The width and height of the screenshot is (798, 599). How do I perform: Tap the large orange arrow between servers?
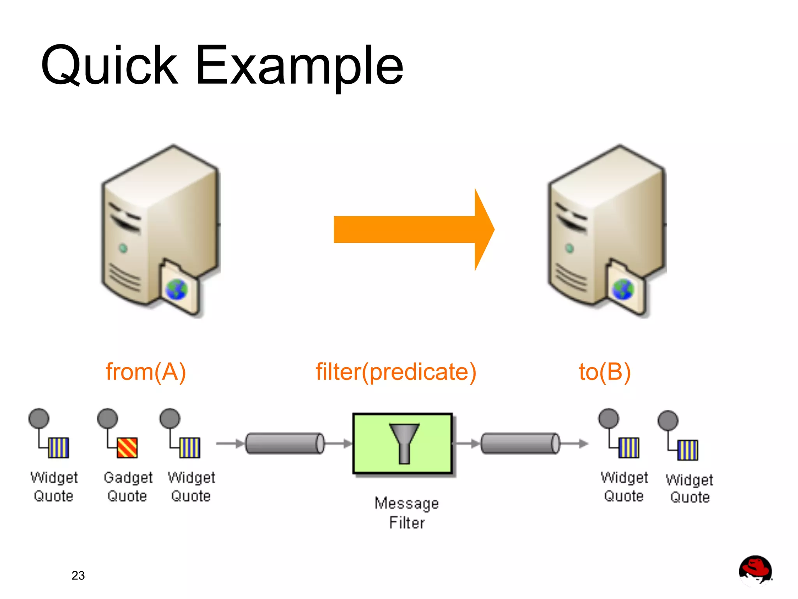(x=413, y=230)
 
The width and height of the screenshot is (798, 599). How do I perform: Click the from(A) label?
(x=146, y=372)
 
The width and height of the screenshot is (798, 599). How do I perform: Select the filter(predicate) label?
(x=396, y=372)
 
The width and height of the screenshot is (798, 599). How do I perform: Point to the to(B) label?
(x=604, y=372)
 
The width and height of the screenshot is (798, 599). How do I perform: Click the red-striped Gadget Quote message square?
(x=127, y=447)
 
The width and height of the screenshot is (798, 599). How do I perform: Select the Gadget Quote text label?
(x=128, y=486)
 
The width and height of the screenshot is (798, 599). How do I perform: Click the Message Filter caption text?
(x=406, y=512)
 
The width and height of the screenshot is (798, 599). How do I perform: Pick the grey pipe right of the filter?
(x=521, y=444)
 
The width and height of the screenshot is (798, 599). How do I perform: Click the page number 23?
(x=78, y=575)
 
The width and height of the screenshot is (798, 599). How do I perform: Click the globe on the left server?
(x=177, y=290)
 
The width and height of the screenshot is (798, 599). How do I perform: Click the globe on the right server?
(x=623, y=290)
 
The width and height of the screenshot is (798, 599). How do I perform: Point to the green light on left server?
(x=123, y=248)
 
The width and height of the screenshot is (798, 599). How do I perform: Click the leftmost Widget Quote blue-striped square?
(x=59, y=447)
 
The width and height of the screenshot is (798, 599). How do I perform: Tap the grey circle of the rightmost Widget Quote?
(x=668, y=421)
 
